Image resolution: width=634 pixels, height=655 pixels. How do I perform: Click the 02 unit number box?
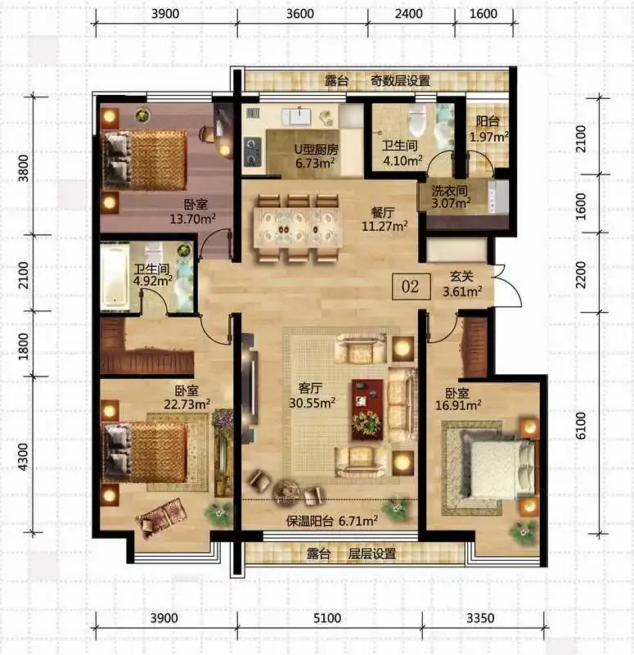pos(411,286)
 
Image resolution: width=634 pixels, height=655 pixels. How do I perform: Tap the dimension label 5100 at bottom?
pos(326,617)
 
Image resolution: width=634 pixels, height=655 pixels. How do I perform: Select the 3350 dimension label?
pos(480,617)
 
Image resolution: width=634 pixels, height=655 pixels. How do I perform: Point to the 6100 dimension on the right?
pos(581,425)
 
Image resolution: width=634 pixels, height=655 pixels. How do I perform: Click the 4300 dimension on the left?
pos(24,457)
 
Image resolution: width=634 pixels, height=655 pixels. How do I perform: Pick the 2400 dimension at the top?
pos(408,14)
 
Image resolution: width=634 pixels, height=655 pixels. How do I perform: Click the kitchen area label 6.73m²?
pos(315,162)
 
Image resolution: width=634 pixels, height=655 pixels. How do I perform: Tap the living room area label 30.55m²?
pos(313,402)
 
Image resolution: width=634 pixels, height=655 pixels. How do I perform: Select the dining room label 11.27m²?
pos(384,227)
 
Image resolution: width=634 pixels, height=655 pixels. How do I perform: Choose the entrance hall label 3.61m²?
pos(462,291)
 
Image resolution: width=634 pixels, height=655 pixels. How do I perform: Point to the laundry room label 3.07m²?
pos(451,203)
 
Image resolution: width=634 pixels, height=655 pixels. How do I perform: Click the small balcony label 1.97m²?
pos(489,137)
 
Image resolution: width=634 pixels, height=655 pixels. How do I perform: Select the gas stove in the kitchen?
pos(252,152)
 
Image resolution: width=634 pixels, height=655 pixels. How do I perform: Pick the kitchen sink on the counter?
pos(299,115)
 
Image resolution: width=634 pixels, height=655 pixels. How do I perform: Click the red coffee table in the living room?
pos(367,409)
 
